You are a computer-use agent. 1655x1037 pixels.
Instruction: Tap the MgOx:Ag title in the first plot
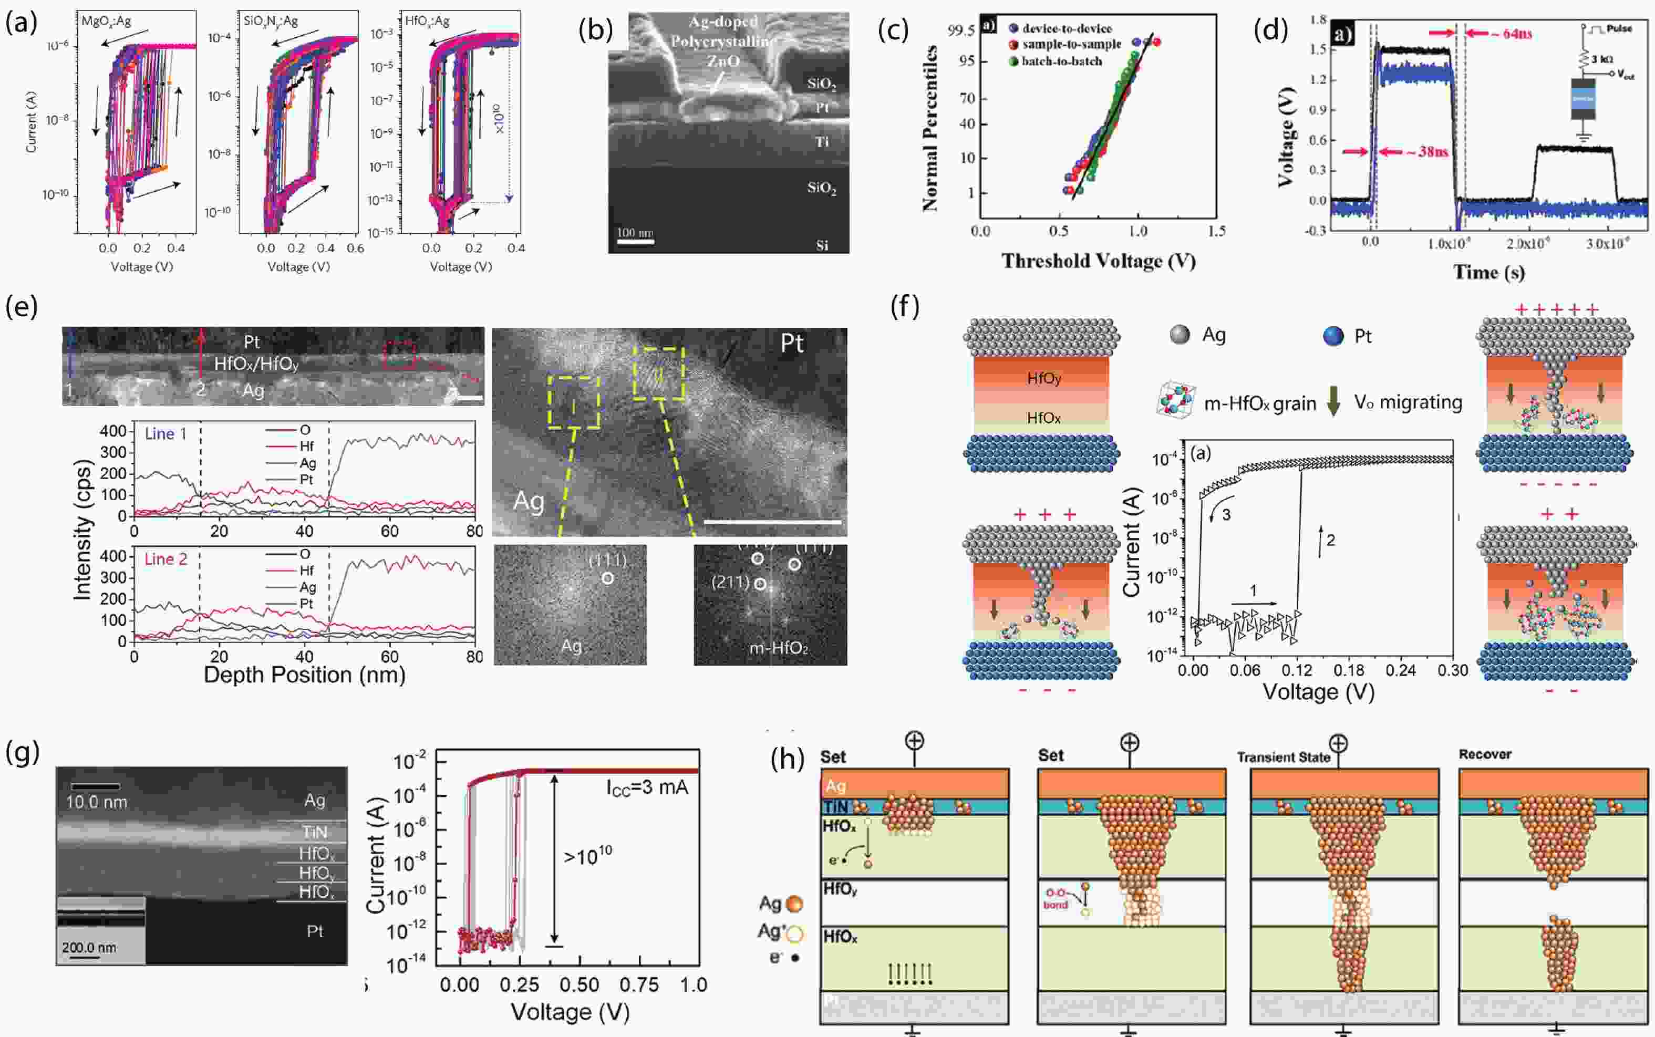(106, 21)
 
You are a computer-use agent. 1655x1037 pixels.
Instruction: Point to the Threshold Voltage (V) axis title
(1099, 261)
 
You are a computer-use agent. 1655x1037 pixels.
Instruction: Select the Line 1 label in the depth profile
(165, 433)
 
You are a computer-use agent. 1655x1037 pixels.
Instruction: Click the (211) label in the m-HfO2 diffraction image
(730, 582)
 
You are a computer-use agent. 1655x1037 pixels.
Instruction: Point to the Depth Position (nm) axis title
(305, 675)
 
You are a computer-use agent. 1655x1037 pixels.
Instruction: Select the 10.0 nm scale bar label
(97, 802)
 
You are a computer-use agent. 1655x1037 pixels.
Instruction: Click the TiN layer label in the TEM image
(315, 832)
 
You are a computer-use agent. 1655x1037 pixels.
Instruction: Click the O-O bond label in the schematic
(1056, 898)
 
